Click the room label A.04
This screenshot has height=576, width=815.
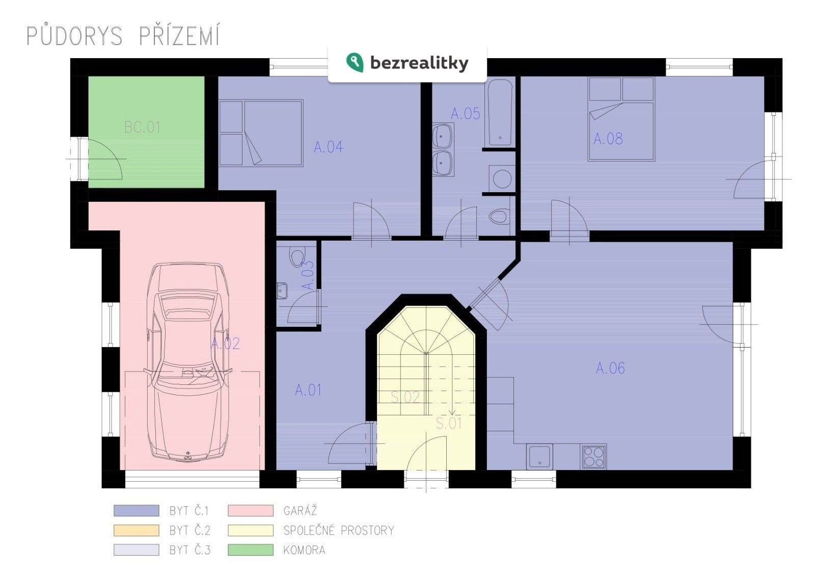click(x=329, y=147)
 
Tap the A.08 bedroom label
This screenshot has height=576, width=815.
click(x=608, y=139)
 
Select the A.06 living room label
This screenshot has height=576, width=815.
click(x=610, y=368)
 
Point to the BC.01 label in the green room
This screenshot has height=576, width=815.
click(x=143, y=127)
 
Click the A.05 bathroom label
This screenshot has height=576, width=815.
click(x=465, y=114)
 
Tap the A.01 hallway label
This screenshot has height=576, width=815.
click(x=308, y=390)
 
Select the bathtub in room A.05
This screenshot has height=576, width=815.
click(x=499, y=112)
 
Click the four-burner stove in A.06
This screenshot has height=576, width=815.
click(x=593, y=457)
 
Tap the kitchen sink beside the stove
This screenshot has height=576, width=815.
click(x=539, y=457)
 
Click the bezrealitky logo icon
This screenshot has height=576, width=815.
click(x=355, y=62)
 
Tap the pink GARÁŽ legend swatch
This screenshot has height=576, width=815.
click(x=250, y=511)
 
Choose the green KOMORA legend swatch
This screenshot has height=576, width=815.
click(x=250, y=551)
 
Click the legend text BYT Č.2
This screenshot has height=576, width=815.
click(x=189, y=531)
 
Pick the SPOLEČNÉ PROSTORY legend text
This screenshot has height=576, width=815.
click(x=339, y=531)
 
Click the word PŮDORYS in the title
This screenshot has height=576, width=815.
click(x=74, y=37)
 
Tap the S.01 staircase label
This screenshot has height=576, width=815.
click(x=449, y=423)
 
